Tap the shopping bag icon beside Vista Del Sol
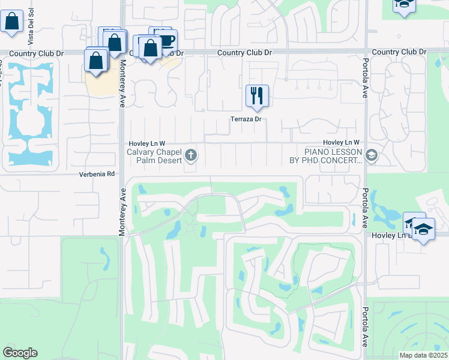click(x=11, y=21)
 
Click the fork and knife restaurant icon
click(x=257, y=95)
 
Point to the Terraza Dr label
click(x=246, y=119)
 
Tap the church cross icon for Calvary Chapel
click(x=191, y=156)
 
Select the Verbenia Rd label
click(x=97, y=174)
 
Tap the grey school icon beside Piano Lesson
click(x=372, y=156)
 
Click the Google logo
click(x=20, y=353)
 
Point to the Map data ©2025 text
click(x=423, y=355)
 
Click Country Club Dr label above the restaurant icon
click(x=244, y=53)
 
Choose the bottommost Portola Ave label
click(x=365, y=327)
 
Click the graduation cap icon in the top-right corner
click(x=404, y=5)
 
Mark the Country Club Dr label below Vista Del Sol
click(x=36, y=53)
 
